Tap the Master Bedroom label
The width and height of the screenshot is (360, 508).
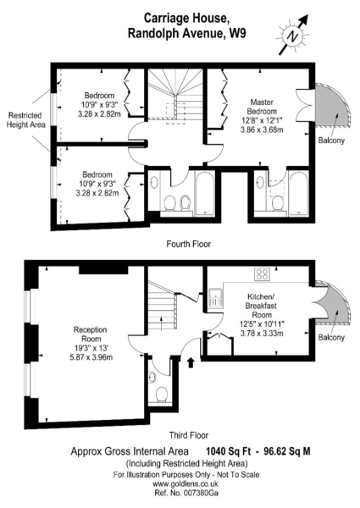point(262,107)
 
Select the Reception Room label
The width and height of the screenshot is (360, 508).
point(91,334)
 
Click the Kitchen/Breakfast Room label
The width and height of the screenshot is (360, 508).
point(262,306)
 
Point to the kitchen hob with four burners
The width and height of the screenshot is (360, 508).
point(262,274)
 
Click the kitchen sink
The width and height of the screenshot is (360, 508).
point(216,297)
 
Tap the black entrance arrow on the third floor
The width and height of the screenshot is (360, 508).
point(191,362)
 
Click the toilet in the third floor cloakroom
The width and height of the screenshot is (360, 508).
point(161,395)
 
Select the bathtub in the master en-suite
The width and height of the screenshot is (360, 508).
point(298,193)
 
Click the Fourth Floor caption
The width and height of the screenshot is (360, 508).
point(189,244)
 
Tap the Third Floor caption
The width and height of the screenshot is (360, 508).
point(189,435)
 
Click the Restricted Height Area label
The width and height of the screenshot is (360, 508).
point(25,120)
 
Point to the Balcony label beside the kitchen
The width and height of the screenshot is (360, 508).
point(331,337)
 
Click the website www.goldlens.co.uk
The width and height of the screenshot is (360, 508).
point(185,484)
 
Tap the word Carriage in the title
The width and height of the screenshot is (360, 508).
point(166,19)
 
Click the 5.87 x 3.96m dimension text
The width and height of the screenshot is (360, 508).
point(91,357)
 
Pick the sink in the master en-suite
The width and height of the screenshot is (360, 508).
point(260,182)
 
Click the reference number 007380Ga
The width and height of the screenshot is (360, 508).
point(201,493)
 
